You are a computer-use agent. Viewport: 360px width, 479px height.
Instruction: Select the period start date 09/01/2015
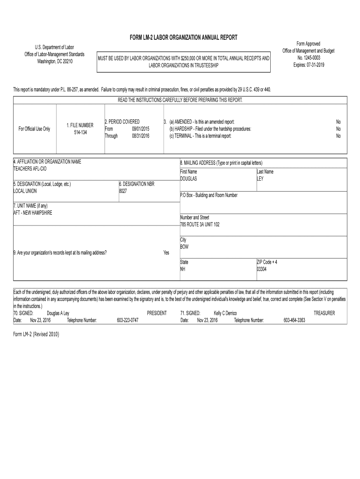[x=140, y=129]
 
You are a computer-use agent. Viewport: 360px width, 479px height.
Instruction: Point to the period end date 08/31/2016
[x=140, y=136]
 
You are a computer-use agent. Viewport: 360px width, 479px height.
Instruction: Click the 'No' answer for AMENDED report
[x=338, y=122]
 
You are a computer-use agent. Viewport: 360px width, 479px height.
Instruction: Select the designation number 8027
[x=123, y=191]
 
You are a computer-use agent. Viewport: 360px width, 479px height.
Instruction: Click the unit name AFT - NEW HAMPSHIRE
[x=33, y=213]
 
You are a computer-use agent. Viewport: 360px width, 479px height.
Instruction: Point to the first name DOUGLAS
[x=189, y=179]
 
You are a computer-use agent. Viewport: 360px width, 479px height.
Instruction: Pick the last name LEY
[x=260, y=179]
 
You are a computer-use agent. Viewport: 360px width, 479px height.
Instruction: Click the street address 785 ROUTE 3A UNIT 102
[x=200, y=225]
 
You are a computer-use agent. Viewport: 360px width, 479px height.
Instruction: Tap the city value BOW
[x=184, y=247]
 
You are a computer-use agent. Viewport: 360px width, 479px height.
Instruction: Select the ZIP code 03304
[x=261, y=269]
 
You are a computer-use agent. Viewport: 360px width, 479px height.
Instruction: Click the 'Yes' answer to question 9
[x=166, y=253]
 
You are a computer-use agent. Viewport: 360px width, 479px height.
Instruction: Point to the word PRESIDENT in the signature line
[x=157, y=313]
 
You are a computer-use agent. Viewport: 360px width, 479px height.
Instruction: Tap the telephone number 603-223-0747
[x=128, y=320]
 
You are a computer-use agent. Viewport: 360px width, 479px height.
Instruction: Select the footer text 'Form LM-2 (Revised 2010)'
[x=36, y=335]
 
